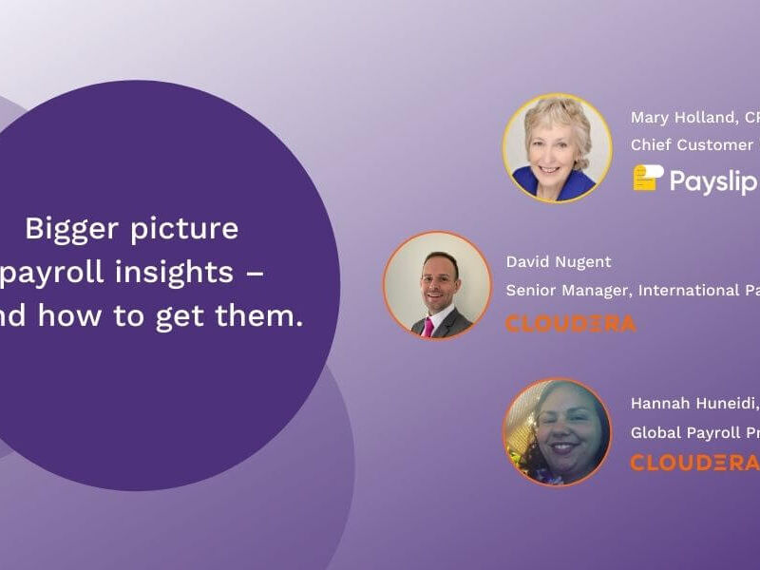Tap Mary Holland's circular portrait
click(x=558, y=147)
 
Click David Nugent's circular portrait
click(x=437, y=285)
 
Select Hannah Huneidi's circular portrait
click(x=557, y=432)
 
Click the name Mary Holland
click(x=682, y=118)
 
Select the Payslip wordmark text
click(x=712, y=180)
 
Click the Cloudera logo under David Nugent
click(x=571, y=324)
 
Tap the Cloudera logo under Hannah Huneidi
click(x=693, y=463)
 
